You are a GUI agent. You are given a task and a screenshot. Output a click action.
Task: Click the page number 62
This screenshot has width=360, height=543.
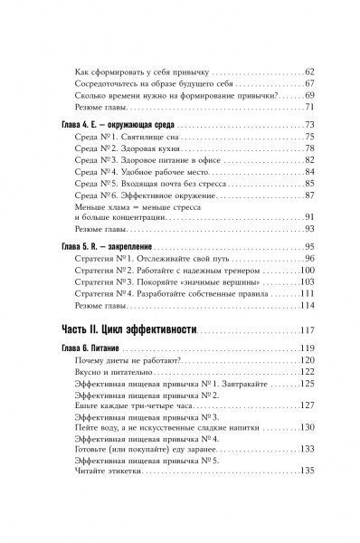pyautogui.click(x=307, y=71)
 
